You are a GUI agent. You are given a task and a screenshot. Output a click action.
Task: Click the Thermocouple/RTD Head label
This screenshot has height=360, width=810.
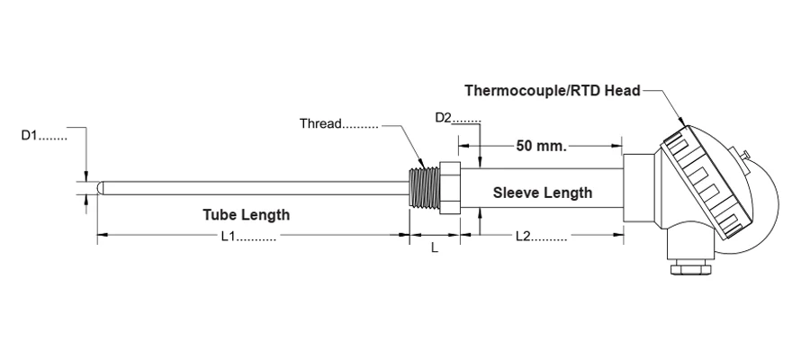click(x=553, y=91)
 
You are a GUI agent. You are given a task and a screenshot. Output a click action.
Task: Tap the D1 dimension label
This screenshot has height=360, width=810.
click(x=44, y=136)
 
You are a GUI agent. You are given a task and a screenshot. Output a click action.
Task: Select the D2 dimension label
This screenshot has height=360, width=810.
click(x=458, y=118)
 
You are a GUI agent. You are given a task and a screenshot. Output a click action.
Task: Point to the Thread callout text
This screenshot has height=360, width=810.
click(x=339, y=123)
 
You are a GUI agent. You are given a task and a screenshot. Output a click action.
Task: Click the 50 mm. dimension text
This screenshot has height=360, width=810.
click(x=542, y=146)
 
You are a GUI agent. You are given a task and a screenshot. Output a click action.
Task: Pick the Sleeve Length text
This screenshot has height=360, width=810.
click(x=543, y=193)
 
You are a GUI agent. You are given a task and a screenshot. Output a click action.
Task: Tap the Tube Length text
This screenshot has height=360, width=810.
click(x=246, y=214)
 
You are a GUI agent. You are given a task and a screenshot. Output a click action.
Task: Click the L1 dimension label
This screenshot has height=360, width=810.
click(x=248, y=236)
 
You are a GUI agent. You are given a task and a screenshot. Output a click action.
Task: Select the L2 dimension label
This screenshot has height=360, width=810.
click(x=542, y=236)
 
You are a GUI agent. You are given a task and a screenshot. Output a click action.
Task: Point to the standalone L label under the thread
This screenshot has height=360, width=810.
click(x=435, y=247)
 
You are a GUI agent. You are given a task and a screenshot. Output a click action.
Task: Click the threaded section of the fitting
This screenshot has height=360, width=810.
click(x=424, y=188)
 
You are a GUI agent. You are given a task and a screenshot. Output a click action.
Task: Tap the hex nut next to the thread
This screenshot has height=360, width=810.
click(x=449, y=188)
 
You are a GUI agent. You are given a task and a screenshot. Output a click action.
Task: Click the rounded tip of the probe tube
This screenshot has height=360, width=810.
click(x=101, y=188)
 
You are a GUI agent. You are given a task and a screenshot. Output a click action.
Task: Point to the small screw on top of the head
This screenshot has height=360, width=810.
click(x=744, y=155)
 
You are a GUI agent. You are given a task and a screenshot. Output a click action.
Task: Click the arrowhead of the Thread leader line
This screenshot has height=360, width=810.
click(x=420, y=162)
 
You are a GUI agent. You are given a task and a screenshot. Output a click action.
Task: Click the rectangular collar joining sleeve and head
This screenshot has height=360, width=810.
click(x=640, y=188)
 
